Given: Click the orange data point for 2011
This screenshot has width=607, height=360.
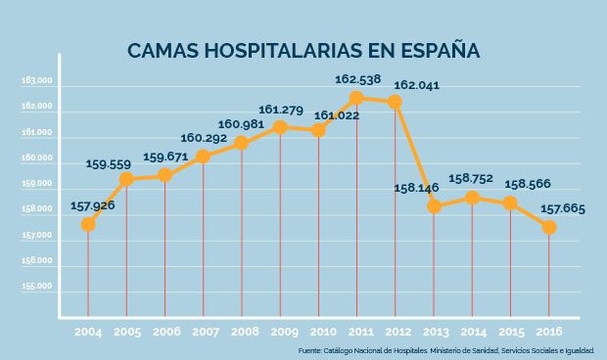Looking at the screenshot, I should tap(356, 98).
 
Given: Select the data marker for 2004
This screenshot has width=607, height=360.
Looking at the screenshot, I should tap(88, 224).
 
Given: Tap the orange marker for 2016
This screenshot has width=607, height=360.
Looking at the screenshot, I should tap(549, 227).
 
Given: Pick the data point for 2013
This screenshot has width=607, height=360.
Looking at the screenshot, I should tap(434, 206).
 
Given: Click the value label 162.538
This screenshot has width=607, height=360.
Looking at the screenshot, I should tap(358, 78).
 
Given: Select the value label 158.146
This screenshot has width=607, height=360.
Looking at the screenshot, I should tap(417, 187).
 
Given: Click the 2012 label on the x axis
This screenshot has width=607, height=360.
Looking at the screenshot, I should tap(396, 332).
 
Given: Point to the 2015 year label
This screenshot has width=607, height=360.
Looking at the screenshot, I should tap(510, 332).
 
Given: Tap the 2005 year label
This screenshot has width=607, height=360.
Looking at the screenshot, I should tap(126, 332).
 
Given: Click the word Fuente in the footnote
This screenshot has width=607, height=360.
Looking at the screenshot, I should tap(312, 350).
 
